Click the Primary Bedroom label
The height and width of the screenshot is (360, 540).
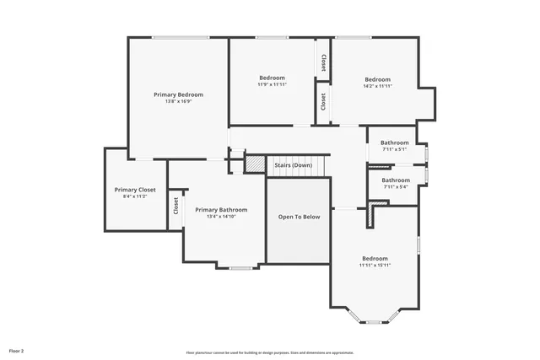(178, 94)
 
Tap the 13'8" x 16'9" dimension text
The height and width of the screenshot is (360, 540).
(178, 102)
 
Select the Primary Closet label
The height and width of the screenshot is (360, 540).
(135, 190)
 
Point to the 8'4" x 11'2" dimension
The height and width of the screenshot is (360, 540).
(135, 197)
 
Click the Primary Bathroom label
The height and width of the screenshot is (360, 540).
(221, 209)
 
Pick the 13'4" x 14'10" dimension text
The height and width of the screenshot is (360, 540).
(221, 217)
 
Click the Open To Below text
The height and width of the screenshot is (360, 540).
(300, 217)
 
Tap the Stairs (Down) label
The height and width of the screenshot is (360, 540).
(293, 165)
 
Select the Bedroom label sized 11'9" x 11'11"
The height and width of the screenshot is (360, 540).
(272, 78)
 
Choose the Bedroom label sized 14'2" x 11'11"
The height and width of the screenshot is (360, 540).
(377, 79)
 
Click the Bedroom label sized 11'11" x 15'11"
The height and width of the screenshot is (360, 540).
(375, 258)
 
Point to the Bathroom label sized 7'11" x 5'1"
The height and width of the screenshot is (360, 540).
(394, 142)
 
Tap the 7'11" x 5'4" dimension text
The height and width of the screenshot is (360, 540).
(395, 187)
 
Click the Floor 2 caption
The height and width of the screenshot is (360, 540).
(17, 349)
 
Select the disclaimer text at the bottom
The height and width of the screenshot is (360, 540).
(270, 352)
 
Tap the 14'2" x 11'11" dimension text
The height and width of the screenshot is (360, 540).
(377, 86)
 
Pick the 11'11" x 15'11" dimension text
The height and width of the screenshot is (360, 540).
(375, 266)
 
